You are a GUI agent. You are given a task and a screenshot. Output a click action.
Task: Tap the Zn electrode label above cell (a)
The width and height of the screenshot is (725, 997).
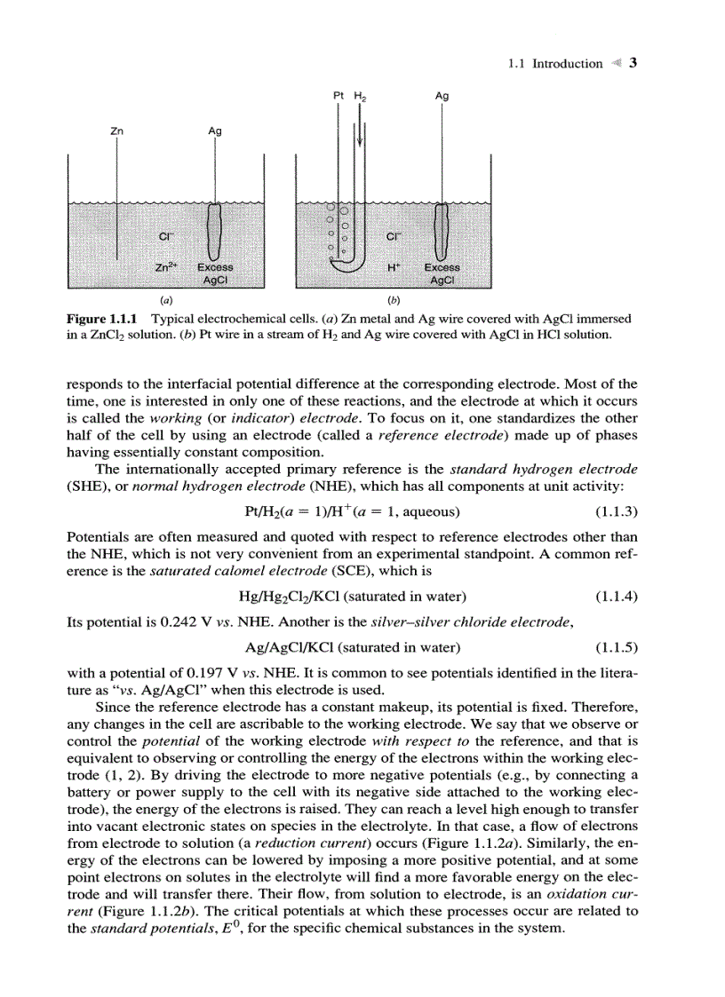pyautogui.click(x=116, y=131)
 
